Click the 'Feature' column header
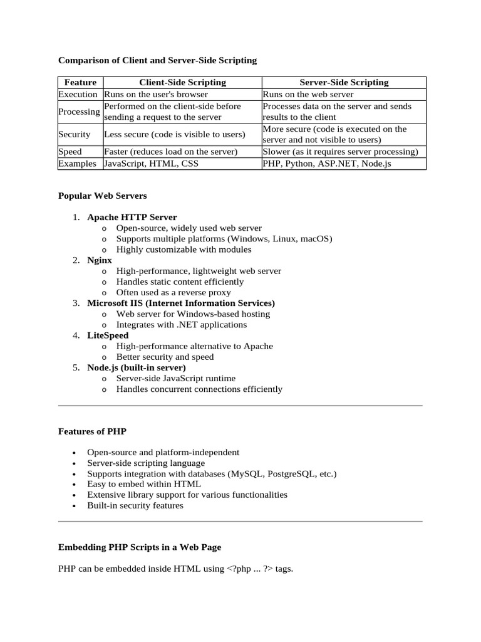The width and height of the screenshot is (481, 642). [80, 82]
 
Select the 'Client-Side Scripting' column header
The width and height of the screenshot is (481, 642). [182, 82]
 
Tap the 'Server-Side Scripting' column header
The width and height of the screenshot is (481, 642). [343, 82]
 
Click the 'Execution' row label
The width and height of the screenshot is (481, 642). [78, 94]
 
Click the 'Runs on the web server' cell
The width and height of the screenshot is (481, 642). [308, 94]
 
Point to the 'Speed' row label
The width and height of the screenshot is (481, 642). [70, 152]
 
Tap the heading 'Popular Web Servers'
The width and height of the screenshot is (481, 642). [102, 196]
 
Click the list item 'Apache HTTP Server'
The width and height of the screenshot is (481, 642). [132, 217]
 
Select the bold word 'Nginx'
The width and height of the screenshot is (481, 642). [100, 260]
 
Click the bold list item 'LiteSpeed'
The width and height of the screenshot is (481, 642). [108, 335]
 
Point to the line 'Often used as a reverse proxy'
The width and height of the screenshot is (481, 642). [173, 292]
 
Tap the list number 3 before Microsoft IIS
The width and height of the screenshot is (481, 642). [76, 303]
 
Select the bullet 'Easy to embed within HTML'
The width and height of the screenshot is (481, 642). [144, 484]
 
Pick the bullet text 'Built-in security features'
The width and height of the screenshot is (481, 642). [135, 505]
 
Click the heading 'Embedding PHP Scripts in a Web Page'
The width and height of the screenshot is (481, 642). [140, 547]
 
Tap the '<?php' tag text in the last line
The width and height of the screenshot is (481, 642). [240, 569]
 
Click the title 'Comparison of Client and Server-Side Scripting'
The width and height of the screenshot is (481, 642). [157, 61]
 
